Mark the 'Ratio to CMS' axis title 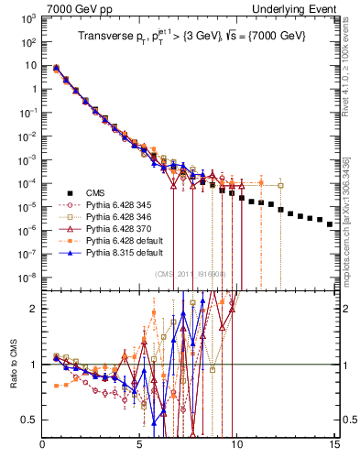click(11, 365)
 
